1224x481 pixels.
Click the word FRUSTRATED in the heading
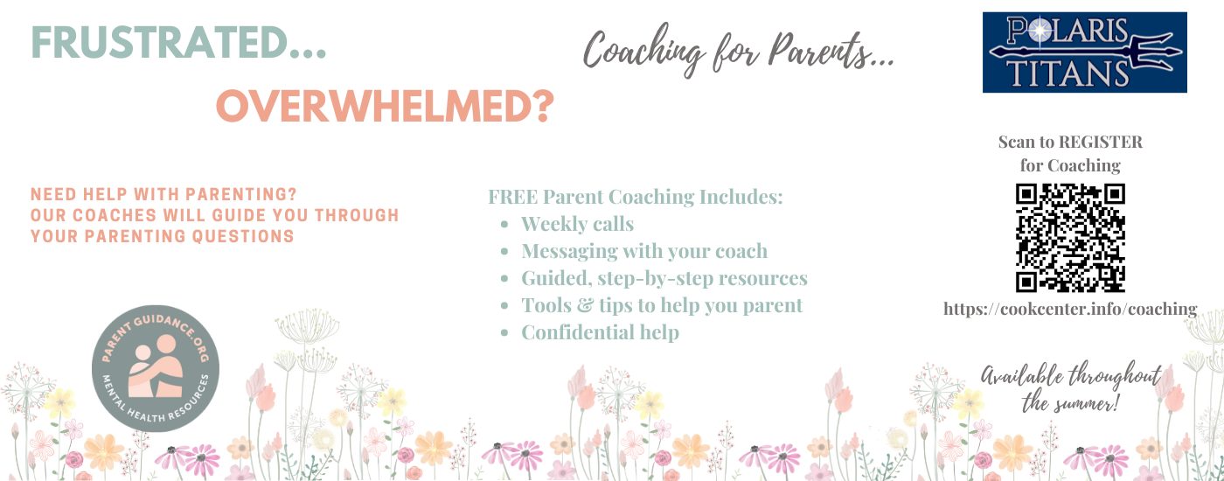click(x=159, y=42)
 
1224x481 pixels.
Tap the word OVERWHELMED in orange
click(x=375, y=106)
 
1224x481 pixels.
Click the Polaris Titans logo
click(x=1085, y=52)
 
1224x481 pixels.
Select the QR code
click(x=1070, y=238)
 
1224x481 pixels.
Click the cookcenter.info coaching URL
click(x=1070, y=309)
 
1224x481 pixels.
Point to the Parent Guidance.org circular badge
click(x=156, y=368)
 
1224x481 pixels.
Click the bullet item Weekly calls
click(x=577, y=224)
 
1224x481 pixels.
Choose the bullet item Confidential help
click(x=600, y=332)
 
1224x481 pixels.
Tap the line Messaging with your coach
click(x=644, y=252)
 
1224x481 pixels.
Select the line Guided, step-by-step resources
click(x=664, y=279)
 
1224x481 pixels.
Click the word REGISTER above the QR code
click(x=1100, y=142)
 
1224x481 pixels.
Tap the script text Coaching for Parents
click(x=738, y=51)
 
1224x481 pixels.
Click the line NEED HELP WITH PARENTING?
click(x=163, y=194)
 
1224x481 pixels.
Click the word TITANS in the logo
click(x=1068, y=73)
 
